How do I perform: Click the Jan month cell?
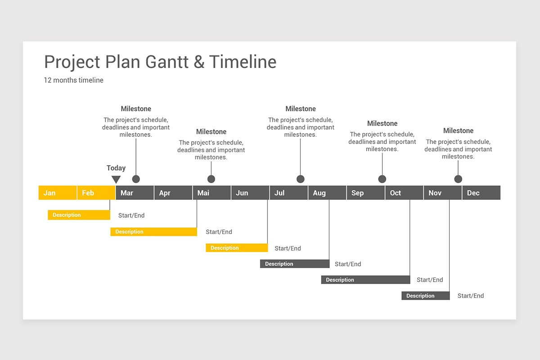58,193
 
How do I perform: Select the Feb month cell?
96,193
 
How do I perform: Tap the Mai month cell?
211,193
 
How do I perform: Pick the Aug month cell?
327,193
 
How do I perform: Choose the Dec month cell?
481,193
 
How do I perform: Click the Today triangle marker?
116,180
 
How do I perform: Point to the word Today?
116,168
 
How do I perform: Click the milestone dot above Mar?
136,179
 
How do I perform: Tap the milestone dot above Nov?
458,179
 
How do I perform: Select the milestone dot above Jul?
301,179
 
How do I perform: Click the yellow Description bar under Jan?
79,215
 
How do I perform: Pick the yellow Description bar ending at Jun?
237,248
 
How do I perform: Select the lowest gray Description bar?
425,296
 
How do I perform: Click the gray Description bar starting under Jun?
294,264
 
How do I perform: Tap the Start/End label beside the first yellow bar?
131,216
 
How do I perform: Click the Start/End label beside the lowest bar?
471,296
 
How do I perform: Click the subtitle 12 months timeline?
74,80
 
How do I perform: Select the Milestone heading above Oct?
382,123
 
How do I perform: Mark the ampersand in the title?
199,62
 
